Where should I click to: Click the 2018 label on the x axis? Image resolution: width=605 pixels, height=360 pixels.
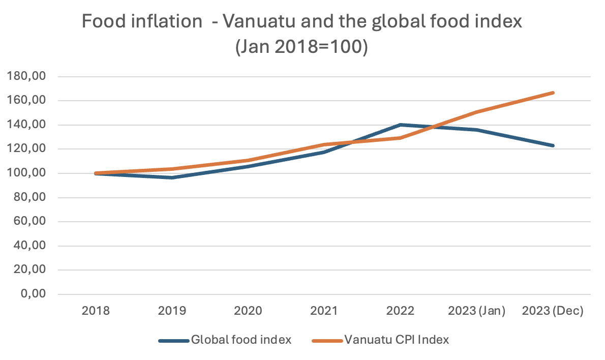point(96,311)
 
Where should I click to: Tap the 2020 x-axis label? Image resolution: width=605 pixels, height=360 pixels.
point(248,311)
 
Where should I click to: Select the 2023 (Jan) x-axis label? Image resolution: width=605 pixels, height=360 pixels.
point(476,311)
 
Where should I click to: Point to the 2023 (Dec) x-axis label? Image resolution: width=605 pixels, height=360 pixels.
point(553,311)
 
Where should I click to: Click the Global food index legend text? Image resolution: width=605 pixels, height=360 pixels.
point(241,340)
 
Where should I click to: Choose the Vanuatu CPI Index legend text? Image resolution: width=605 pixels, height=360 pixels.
point(397,340)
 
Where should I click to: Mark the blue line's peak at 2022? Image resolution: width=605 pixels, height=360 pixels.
point(401,125)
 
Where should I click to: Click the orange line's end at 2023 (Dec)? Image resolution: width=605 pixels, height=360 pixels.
point(553,93)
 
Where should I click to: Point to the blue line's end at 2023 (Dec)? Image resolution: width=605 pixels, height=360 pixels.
point(553,145)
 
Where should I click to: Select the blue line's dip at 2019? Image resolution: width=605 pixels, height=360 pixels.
point(172,177)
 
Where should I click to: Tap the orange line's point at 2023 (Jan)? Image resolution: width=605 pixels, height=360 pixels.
point(476,112)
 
